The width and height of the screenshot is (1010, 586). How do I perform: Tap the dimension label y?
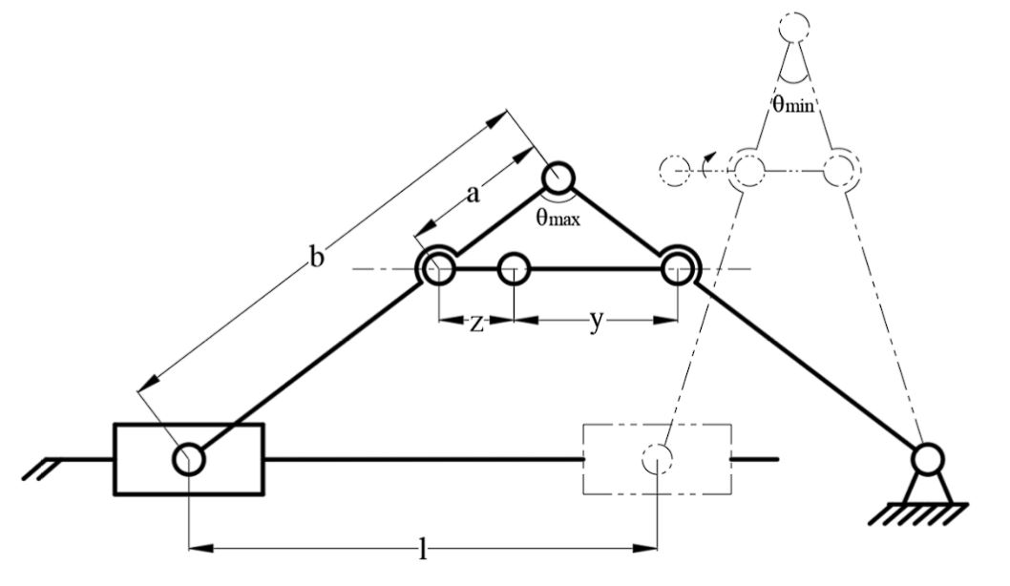click(596, 322)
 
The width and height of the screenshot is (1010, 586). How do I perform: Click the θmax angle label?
click(558, 218)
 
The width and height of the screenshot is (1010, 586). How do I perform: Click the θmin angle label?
click(793, 105)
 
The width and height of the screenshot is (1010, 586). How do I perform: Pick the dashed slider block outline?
click(657, 459)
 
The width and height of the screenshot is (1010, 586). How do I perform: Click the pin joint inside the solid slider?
click(189, 459)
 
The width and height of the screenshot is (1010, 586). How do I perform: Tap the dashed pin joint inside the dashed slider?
click(658, 459)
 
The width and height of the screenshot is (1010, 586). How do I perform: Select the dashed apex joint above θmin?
click(794, 28)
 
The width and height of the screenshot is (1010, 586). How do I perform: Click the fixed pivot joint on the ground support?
click(924, 460)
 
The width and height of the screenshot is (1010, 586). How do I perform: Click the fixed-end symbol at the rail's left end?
click(43, 465)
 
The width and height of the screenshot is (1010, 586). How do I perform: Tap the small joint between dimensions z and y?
click(514, 269)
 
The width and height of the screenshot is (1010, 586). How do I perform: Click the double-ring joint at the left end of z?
click(438, 269)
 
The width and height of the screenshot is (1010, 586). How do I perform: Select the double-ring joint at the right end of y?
click(678, 269)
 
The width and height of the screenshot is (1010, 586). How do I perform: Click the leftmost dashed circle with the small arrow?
click(675, 171)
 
